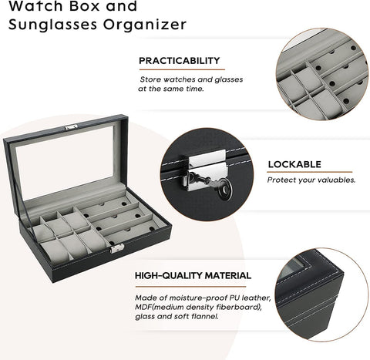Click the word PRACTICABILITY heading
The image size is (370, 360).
179,60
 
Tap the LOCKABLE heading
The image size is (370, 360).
294,163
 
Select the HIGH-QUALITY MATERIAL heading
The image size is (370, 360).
192,275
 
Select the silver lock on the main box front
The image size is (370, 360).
117,248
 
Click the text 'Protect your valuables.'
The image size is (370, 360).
311,180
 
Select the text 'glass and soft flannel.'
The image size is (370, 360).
176,315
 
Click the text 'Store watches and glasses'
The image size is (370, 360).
187,79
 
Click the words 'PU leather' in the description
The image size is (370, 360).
237,295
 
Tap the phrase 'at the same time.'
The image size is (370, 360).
171,89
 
